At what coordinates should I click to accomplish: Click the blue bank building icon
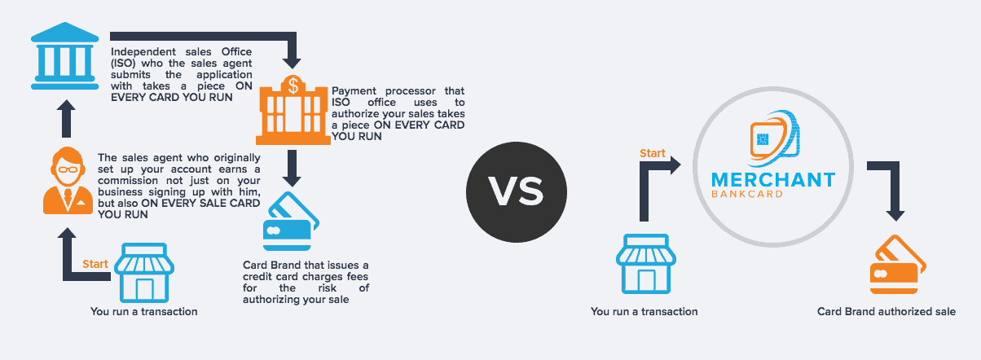[65, 56]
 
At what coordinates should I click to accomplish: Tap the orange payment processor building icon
[293, 110]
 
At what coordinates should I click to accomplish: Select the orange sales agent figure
[68, 181]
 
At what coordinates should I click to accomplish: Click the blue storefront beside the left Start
[144, 273]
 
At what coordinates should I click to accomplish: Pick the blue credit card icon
[291, 222]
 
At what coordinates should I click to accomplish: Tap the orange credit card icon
[898, 265]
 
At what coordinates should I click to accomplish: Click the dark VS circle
[517, 192]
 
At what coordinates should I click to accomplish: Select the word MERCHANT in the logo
[773, 180]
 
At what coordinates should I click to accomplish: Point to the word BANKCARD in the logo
[747, 194]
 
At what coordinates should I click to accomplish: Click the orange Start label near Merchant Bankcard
[652, 153]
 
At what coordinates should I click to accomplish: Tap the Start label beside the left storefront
[95, 264]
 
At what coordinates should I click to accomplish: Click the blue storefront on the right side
[646, 264]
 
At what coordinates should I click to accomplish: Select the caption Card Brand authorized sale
[886, 311]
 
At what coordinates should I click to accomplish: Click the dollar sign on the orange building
[293, 86]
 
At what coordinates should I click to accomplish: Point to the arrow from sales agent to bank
[66, 118]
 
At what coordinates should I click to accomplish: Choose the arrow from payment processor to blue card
[292, 169]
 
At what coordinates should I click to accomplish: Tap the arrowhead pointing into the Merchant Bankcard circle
[675, 165]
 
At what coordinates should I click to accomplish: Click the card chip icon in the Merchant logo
[763, 140]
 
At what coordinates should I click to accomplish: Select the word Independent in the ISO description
[143, 51]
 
